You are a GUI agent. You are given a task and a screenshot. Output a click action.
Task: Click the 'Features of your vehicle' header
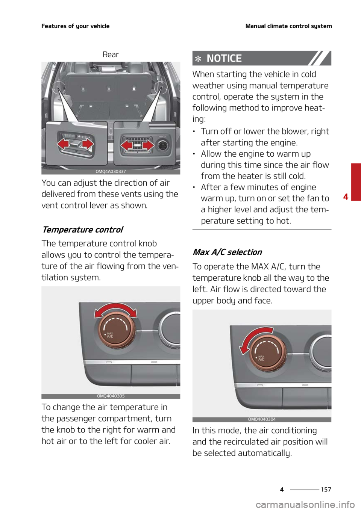click(75, 26)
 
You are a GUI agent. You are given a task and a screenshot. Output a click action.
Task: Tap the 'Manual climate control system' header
click(288, 26)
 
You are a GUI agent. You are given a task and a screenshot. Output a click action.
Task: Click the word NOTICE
click(224, 58)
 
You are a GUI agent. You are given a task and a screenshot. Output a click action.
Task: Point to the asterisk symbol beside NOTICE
click(198, 59)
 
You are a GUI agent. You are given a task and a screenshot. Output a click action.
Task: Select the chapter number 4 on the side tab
click(346, 196)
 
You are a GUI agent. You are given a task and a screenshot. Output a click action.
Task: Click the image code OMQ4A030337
click(111, 172)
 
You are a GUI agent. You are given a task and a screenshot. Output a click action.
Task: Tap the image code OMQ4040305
click(111, 396)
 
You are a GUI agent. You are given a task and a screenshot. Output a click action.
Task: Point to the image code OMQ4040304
click(262, 419)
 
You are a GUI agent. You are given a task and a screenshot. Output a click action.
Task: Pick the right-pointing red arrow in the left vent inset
click(88, 144)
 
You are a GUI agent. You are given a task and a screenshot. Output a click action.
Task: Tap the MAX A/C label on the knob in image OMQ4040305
click(110, 335)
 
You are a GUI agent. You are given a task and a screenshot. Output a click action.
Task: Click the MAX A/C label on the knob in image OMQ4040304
click(261, 358)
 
